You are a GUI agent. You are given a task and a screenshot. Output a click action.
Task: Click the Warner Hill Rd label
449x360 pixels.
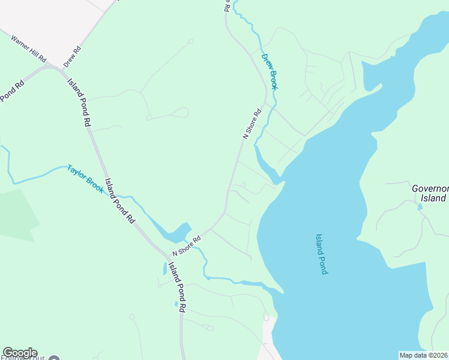(x=29, y=49)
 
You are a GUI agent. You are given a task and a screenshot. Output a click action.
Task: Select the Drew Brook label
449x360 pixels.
(x=270, y=71)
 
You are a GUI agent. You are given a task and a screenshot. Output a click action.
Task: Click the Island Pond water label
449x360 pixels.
(x=321, y=254)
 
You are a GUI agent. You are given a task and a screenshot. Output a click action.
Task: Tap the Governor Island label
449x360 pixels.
(x=430, y=193)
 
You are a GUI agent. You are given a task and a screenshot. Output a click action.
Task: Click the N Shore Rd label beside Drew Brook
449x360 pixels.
(x=253, y=124)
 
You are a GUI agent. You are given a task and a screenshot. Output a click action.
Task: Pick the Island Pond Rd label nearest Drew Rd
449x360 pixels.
(x=79, y=102)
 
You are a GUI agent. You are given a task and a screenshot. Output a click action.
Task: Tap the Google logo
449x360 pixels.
(x=20, y=353)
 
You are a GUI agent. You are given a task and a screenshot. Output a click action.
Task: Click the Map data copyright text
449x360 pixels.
(x=424, y=355)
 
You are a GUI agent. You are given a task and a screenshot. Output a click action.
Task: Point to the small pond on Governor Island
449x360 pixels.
(x=420, y=207)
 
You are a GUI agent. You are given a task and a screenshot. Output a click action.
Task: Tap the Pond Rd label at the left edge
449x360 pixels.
(x=11, y=90)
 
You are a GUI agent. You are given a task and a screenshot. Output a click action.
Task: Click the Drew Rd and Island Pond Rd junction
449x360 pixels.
(x=63, y=70)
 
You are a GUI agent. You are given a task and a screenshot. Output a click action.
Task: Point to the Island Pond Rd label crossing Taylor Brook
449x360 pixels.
(x=120, y=201)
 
